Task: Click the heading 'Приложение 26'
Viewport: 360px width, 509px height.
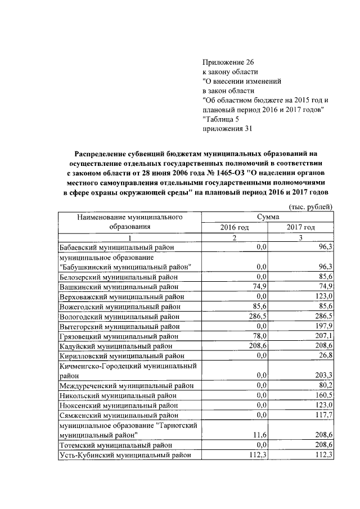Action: pos(224,62)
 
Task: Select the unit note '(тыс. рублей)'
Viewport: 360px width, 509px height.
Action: pos(310,206)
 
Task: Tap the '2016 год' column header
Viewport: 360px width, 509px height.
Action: pos(235,227)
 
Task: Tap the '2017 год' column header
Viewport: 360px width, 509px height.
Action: pos(301,227)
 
